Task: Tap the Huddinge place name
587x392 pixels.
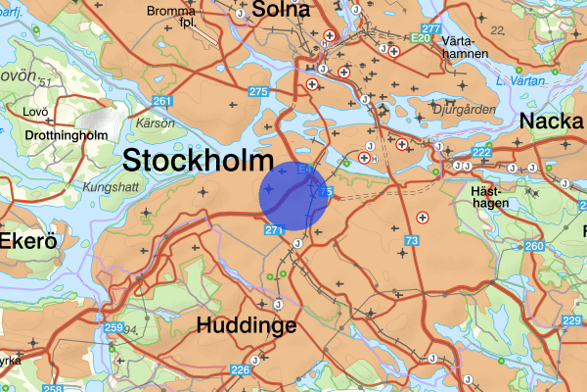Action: pos(246,326)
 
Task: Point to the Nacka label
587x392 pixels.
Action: pos(553,121)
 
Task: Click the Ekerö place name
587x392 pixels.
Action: pos(25,241)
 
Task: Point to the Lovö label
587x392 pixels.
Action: pos(36,111)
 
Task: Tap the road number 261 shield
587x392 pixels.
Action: pos(163,102)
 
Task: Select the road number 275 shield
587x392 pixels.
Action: pos(259,91)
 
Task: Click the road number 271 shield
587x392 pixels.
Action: pos(274,230)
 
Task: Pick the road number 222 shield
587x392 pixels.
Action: pos(481,153)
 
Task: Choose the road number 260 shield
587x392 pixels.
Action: pos(533,245)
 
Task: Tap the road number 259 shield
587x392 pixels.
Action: pos(113,327)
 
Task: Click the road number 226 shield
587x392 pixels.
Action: pos(241,369)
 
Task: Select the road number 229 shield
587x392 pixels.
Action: pos(572,321)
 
